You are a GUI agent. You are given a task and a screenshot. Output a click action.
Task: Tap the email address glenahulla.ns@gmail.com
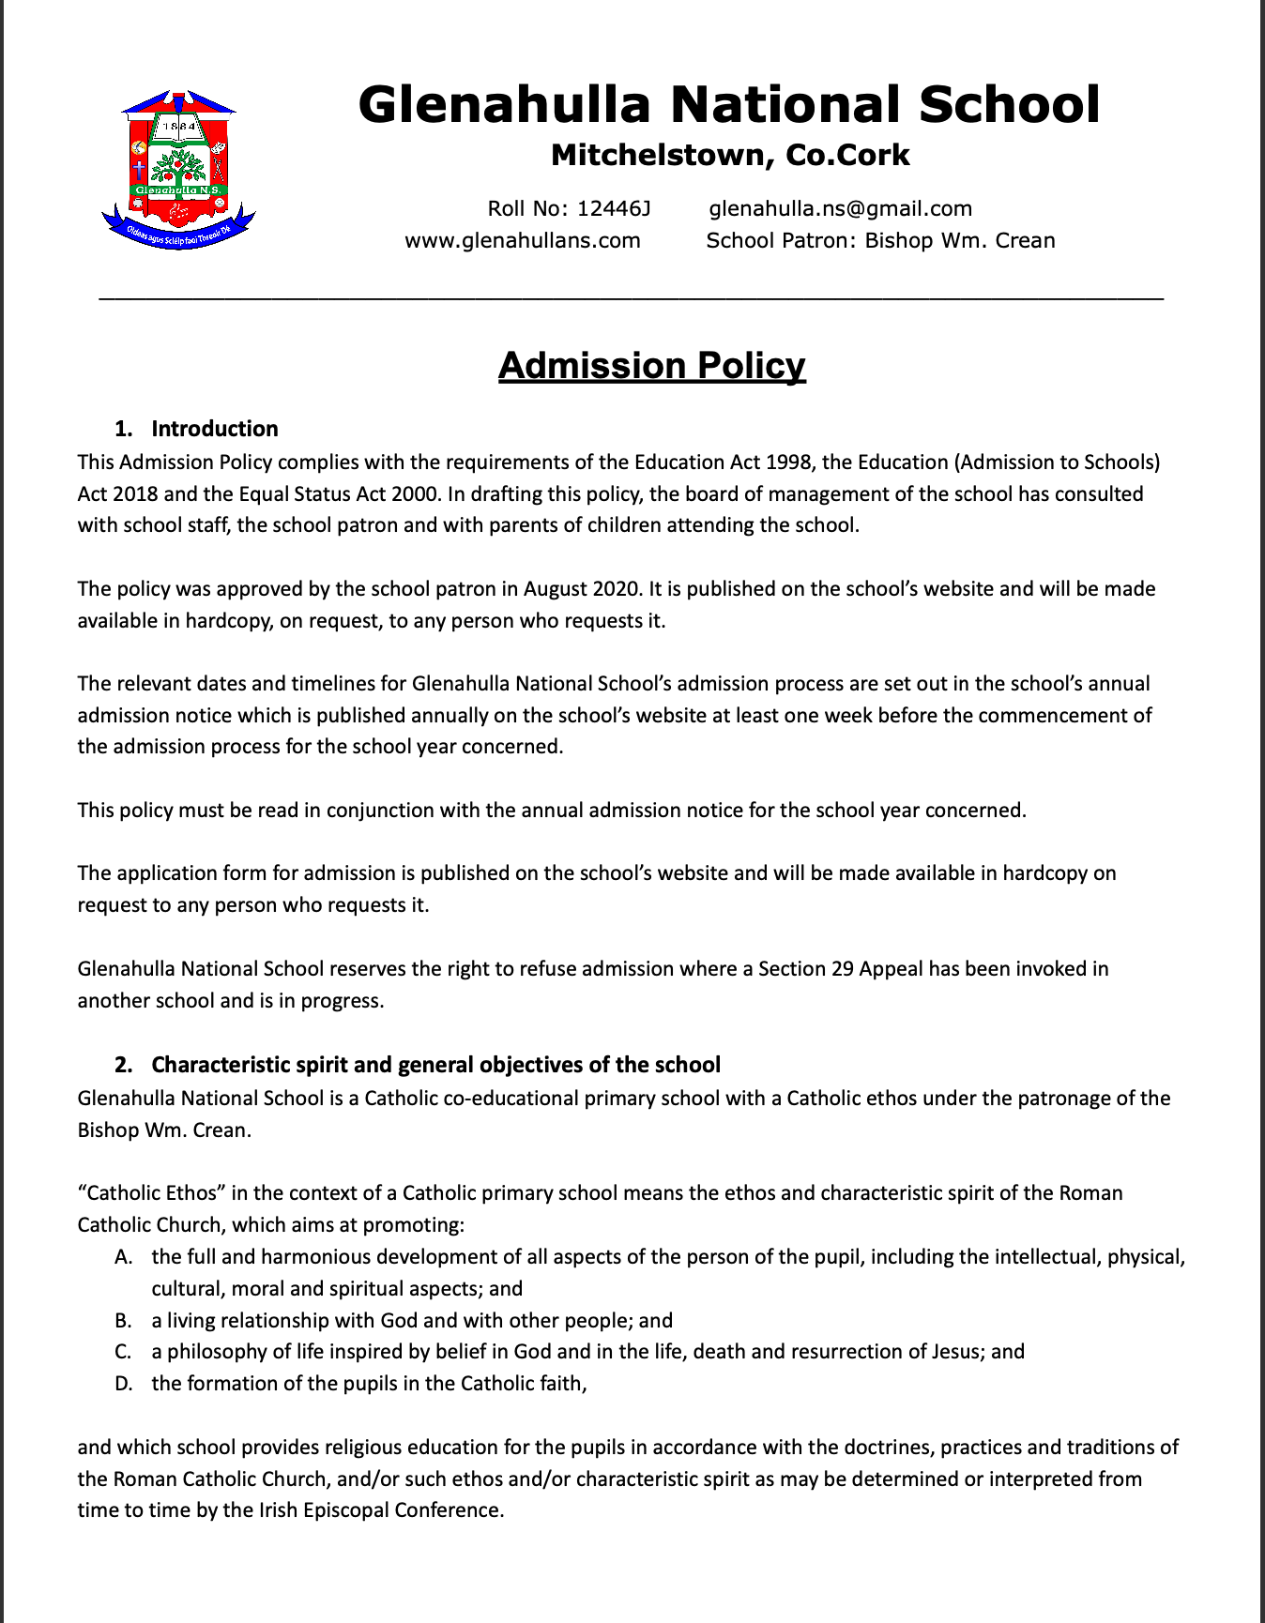click(840, 208)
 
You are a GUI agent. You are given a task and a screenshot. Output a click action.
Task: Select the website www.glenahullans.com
click(523, 240)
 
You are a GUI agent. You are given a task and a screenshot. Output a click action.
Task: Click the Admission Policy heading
click(651, 365)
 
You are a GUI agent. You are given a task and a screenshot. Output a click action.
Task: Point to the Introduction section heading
click(215, 429)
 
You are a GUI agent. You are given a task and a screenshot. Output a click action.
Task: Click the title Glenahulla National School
click(728, 104)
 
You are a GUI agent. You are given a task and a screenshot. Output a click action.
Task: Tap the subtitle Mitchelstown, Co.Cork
click(730, 155)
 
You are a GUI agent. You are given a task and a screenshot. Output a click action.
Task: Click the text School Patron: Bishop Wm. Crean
click(880, 240)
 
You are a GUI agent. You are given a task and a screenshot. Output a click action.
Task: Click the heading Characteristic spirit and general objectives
click(435, 1065)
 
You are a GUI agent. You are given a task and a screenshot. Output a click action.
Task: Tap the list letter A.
click(123, 1257)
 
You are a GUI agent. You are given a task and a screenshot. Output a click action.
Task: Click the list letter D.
click(123, 1384)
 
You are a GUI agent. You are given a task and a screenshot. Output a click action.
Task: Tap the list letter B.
click(123, 1321)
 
